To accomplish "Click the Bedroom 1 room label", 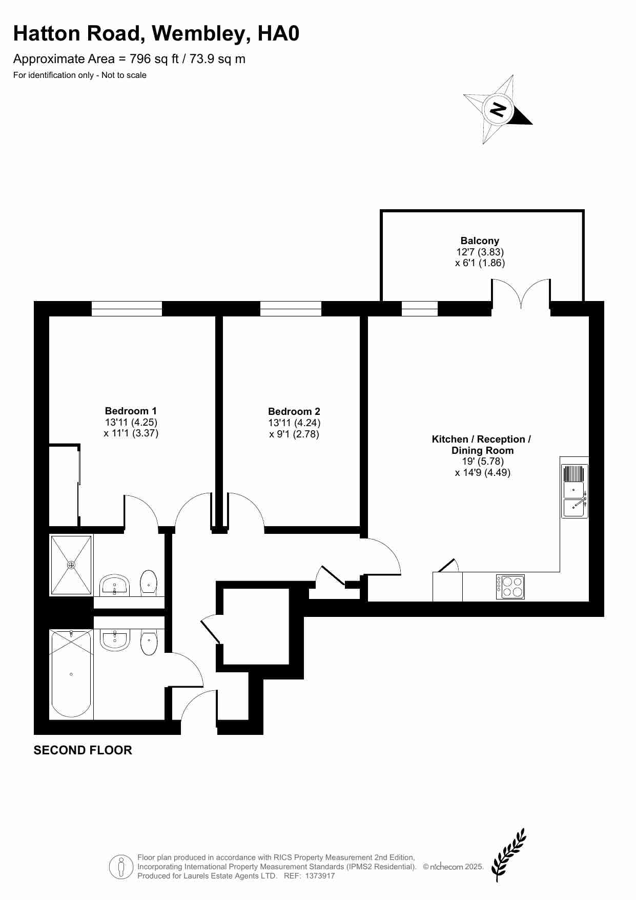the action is pyautogui.click(x=131, y=411).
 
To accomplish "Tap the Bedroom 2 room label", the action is pyautogui.click(x=294, y=411).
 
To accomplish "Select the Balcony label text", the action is pyautogui.click(x=480, y=241).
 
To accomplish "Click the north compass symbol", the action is pyautogui.click(x=498, y=109).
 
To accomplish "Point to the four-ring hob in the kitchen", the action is pyautogui.click(x=510, y=587).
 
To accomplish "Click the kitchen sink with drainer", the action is pyautogui.click(x=575, y=491).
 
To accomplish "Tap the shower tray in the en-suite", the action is pyautogui.click(x=71, y=565).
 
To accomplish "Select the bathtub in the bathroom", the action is pyautogui.click(x=71, y=674).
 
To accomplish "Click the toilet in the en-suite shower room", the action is pyautogui.click(x=149, y=583).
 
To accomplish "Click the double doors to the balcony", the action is pyautogui.click(x=521, y=294).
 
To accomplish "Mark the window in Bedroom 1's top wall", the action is pyautogui.click(x=127, y=309).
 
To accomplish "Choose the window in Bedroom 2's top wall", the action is pyautogui.click(x=291, y=309).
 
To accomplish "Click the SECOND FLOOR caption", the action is pyautogui.click(x=83, y=750).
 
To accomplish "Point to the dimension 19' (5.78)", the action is pyautogui.click(x=483, y=462).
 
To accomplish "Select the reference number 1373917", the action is pyautogui.click(x=320, y=876).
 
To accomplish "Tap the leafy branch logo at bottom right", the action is pyautogui.click(x=508, y=855).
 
